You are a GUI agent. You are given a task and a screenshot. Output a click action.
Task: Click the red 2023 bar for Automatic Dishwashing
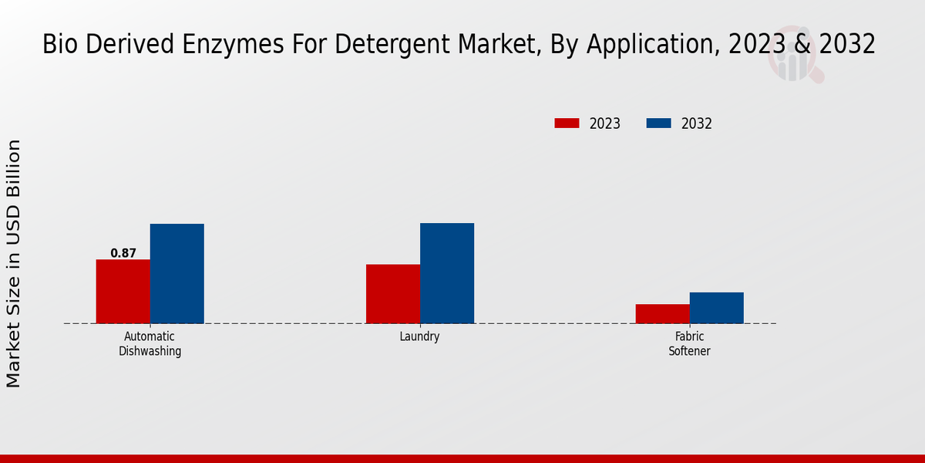pos(123,291)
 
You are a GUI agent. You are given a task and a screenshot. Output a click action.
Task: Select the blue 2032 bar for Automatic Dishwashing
pos(177,273)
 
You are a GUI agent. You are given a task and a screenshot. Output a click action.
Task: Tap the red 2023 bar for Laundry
pos(393,294)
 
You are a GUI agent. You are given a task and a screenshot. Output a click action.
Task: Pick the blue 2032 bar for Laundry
pos(447,273)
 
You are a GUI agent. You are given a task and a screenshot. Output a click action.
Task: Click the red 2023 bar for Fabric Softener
pos(662,313)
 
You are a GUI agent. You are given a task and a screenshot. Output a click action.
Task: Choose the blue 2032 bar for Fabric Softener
pos(716,308)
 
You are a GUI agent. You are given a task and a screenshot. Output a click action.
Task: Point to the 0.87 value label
pos(123,253)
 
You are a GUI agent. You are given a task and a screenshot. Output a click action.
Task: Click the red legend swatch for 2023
pos(567,123)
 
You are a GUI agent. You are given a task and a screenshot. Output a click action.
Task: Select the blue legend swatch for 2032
pos(658,123)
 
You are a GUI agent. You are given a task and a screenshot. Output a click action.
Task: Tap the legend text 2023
pos(605,123)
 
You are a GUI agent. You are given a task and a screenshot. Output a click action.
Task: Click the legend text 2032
pos(696,123)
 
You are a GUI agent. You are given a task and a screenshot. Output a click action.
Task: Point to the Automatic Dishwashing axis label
pos(150,343)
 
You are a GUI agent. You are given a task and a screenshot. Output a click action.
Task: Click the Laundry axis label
pos(420,336)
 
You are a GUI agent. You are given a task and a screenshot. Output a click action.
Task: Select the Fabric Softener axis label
pos(689,343)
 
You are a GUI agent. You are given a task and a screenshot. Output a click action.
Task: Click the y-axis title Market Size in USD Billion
pos(14,263)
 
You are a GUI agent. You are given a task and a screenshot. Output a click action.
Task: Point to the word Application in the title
pos(647,45)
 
